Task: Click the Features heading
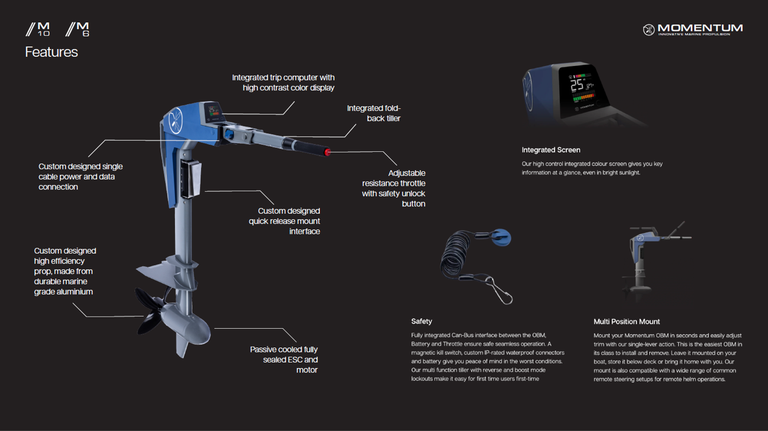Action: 51,53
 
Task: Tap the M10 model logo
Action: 38,29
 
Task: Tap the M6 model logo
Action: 78,29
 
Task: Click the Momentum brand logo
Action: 692,29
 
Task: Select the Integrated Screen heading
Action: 551,150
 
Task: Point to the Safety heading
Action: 422,321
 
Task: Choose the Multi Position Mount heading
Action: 626,321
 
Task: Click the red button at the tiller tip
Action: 328,152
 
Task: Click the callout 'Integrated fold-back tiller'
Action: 374,113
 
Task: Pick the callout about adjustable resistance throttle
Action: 394,188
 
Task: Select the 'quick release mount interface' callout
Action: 284,221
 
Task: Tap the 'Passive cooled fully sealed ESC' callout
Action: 283,360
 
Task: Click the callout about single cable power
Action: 81,177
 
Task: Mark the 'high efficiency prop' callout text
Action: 65,271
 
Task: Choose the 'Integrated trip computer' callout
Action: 283,82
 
